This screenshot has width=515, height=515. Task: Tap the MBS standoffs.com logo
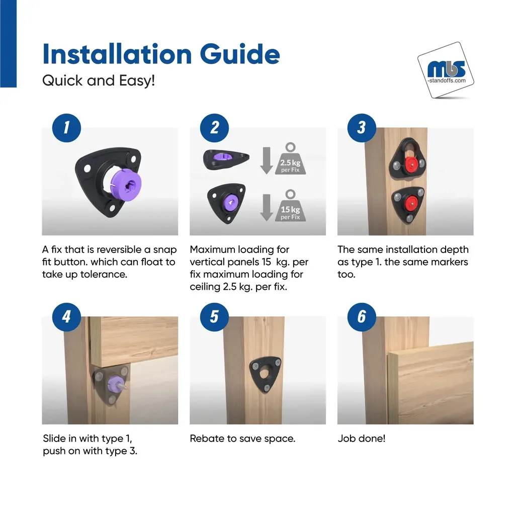point(446,70)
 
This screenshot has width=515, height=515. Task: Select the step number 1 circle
point(66,128)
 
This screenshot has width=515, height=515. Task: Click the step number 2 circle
point(214,128)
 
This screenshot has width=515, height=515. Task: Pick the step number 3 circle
point(362,128)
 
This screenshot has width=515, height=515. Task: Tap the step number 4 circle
point(66,317)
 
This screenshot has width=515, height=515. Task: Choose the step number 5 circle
point(214,317)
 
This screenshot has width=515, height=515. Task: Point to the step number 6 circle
point(362,317)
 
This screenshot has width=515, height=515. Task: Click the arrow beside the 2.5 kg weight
point(267,160)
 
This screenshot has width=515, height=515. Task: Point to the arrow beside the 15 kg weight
point(267,207)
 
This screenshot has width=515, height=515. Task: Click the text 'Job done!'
point(361,438)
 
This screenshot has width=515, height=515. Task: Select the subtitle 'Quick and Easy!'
point(99,80)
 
